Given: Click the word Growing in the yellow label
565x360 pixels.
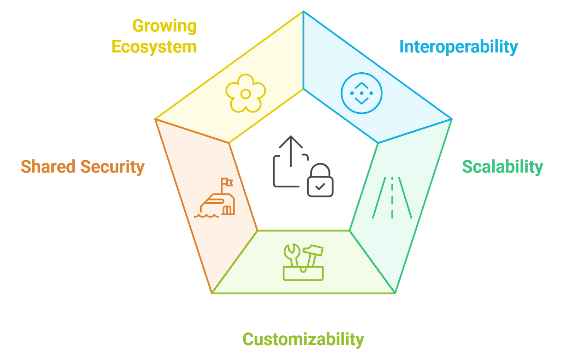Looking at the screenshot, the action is (x=165, y=26).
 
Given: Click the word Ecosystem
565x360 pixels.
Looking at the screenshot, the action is (x=154, y=47).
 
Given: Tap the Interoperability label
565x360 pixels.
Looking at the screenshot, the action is (x=458, y=47).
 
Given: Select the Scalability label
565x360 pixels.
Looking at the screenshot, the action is (x=502, y=167).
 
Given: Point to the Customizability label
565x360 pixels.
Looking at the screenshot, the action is (x=303, y=340).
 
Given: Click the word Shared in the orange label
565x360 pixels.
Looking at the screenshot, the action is (x=48, y=167).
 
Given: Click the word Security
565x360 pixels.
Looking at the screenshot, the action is (x=112, y=167).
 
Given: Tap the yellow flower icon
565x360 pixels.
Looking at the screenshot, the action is (x=246, y=94).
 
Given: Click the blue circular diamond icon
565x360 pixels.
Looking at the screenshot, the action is (x=362, y=93).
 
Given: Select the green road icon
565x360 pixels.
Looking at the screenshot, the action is (x=392, y=198).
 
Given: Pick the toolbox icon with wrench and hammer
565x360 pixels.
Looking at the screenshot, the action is (x=303, y=263).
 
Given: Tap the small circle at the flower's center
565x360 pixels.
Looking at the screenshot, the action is (x=246, y=94).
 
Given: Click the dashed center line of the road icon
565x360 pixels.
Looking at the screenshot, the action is (x=392, y=198).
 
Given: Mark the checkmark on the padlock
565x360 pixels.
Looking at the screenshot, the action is (x=320, y=186).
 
